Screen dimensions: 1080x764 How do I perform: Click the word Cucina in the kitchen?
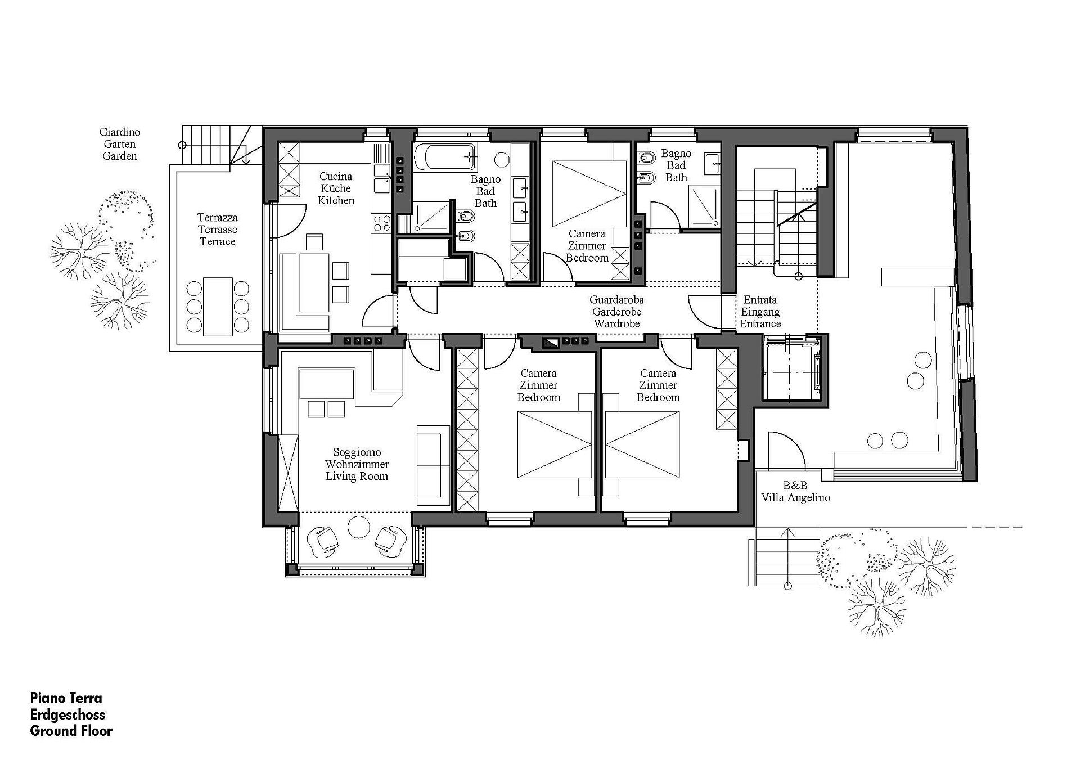click(336, 177)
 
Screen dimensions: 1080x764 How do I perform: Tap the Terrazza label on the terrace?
click(217, 218)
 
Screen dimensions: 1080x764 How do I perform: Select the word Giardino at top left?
click(120, 132)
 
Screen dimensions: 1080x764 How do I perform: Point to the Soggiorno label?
click(357, 452)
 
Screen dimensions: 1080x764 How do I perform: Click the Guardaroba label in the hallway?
click(616, 300)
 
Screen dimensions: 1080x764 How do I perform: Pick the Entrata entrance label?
click(760, 300)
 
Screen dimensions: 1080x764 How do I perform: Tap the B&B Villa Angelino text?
click(795, 491)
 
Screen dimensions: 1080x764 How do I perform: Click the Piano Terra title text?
click(66, 698)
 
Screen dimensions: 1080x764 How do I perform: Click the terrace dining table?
click(218, 307)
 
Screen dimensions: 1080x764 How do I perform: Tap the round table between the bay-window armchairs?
click(358, 527)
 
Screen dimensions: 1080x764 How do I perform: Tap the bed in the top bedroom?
click(589, 194)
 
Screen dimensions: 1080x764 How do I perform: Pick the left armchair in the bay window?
click(325, 540)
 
